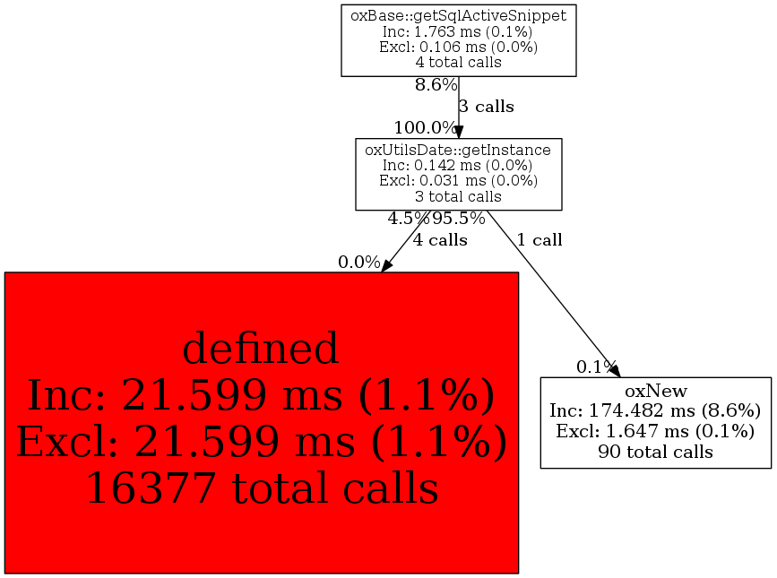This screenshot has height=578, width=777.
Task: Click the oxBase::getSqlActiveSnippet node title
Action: pyautogui.click(x=458, y=16)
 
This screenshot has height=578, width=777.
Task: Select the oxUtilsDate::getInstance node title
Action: pyautogui.click(x=458, y=150)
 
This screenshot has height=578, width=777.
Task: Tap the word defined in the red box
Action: pyautogui.click(x=261, y=349)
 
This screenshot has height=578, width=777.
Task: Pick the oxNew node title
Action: pyautogui.click(x=656, y=391)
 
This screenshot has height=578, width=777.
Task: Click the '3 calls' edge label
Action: pyautogui.click(x=486, y=107)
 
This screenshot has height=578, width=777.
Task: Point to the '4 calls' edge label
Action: pyautogui.click(x=440, y=240)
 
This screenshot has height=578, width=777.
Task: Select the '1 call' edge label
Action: pyautogui.click(x=540, y=240)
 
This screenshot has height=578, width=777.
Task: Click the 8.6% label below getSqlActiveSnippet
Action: pyautogui.click(x=436, y=85)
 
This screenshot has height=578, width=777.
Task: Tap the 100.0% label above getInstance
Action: pyautogui.click(x=425, y=128)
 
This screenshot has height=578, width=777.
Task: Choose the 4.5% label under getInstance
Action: pyautogui.click(x=409, y=219)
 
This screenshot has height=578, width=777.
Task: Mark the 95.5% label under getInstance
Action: pyautogui.click(x=458, y=219)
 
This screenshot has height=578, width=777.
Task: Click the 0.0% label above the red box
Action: pyautogui.click(x=359, y=262)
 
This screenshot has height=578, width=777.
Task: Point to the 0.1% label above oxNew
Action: pyautogui.click(x=597, y=367)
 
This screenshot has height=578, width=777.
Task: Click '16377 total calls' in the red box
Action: pyautogui.click(x=263, y=487)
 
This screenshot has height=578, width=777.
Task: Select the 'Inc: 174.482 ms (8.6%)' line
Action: pyautogui.click(x=655, y=410)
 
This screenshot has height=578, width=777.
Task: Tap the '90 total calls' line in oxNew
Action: pyautogui.click(x=656, y=452)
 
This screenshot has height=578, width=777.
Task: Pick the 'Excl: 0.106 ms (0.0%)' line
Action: pyautogui.click(x=458, y=47)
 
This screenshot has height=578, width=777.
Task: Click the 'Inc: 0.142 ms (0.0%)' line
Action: pyautogui.click(x=458, y=165)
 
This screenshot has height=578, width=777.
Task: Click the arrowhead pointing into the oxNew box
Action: pyautogui.click(x=615, y=370)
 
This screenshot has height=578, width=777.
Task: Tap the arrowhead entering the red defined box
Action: pyautogui.click(x=386, y=265)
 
